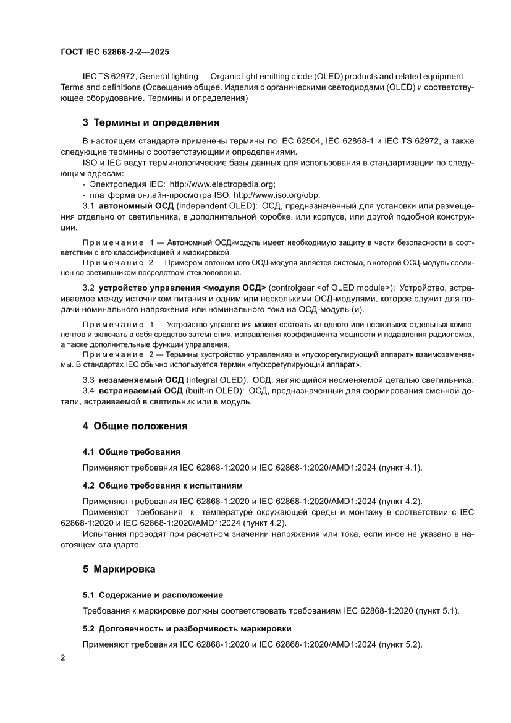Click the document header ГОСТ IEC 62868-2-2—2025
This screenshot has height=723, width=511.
click(x=116, y=53)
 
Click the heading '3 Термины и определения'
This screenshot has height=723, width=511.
click(x=151, y=122)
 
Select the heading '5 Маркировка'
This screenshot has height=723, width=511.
click(x=119, y=568)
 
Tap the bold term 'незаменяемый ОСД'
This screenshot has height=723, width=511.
click(x=141, y=379)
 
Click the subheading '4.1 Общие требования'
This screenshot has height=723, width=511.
click(x=132, y=451)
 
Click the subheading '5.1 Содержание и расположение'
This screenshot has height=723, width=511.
click(x=153, y=594)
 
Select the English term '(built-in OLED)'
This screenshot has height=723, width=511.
click(x=213, y=391)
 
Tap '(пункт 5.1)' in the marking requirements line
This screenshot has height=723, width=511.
click(x=438, y=611)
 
